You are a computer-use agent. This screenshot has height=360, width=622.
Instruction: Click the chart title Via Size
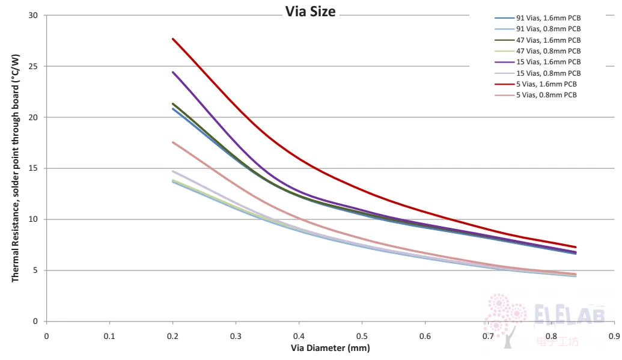click(x=310, y=11)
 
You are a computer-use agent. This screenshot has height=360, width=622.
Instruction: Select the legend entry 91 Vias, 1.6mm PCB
click(x=537, y=18)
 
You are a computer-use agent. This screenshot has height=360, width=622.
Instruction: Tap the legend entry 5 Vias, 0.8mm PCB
click(x=535, y=95)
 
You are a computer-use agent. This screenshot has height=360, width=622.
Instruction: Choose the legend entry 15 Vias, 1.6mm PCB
click(x=537, y=62)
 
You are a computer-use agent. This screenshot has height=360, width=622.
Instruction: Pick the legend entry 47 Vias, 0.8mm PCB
click(x=537, y=51)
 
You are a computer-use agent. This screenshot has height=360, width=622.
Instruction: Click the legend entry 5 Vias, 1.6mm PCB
click(x=535, y=84)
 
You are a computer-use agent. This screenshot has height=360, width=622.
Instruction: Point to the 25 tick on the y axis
click(x=33, y=66)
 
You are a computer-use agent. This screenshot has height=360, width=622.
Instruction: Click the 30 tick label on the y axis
click(x=33, y=16)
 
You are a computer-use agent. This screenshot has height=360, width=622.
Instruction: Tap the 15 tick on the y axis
click(x=33, y=168)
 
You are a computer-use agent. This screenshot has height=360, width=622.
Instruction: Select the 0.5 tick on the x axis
click(x=362, y=336)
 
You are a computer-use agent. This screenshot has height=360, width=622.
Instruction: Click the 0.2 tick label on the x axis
click(x=172, y=336)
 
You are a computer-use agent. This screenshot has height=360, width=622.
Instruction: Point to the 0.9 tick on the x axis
click(x=614, y=336)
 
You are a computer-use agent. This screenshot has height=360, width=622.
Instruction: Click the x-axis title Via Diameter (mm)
click(x=330, y=348)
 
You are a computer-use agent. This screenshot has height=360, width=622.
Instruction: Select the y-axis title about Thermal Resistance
click(x=15, y=168)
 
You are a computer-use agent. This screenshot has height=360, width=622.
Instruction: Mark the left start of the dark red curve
click(x=172, y=39)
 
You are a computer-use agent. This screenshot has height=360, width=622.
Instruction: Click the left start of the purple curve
click(x=172, y=72)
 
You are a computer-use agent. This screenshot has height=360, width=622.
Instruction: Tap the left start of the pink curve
click(x=172, y=142)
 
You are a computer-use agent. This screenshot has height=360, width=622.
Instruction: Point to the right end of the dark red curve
click(x=576, y=247)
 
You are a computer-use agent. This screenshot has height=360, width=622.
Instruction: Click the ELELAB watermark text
click(x=570, y=314)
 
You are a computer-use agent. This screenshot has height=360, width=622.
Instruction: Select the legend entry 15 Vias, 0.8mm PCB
click(x=537, y=73)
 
